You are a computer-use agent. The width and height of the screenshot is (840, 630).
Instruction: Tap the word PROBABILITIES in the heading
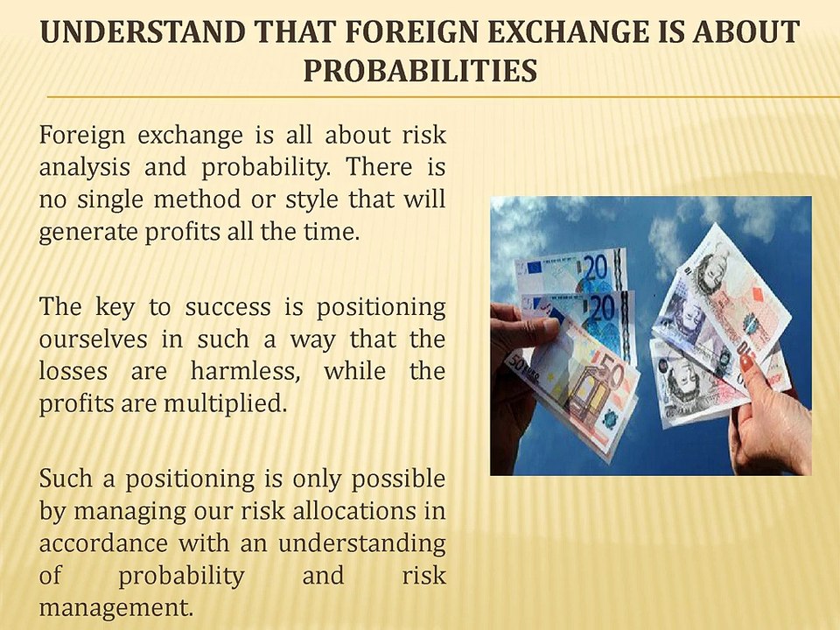tap(420, 69)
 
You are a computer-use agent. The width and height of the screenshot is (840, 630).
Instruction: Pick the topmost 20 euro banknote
tap(573, 272)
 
